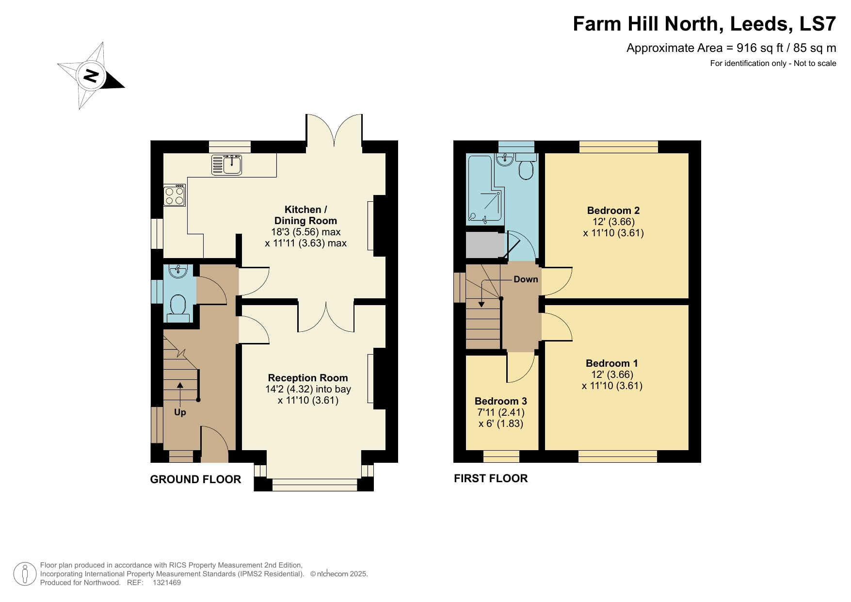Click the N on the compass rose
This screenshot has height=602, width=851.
pyautogui.click(x=91, y=76)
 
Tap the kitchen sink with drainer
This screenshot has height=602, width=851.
pyautogui.click(x=227, y=164)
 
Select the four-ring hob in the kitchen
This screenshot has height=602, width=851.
pyautogui.click(x=174, y=195)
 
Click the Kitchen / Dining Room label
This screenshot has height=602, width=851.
pyautogui.click(x=305, y=215)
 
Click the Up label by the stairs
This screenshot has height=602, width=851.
pyautogui.click(x=180, y=412)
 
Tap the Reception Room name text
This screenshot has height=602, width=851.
pyautogui.click(x=308, y=378)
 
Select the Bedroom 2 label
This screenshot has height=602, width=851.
pyautogui.click(x=613, y=211)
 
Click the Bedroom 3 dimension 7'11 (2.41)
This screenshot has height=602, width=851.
pyautogui.click(x=501, y=412)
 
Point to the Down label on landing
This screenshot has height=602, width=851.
pyautogui.click(x=526, y=279)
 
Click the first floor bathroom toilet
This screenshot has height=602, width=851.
pyautogui.click(x=526, y=169)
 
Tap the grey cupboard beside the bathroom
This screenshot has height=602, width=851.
pyautogui.click(x=483, y=245)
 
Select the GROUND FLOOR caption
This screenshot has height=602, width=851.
pyautogui.click(x=195, y=479)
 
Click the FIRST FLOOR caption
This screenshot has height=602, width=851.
pyautogui.click(x=491, y=478)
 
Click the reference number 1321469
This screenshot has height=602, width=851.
pyautogui.click(x=166, y=583)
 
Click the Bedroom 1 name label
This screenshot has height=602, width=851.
pyautogui.click(x=611, y=363)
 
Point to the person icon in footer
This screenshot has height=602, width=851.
pyautogui.click(x=25, y=574)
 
